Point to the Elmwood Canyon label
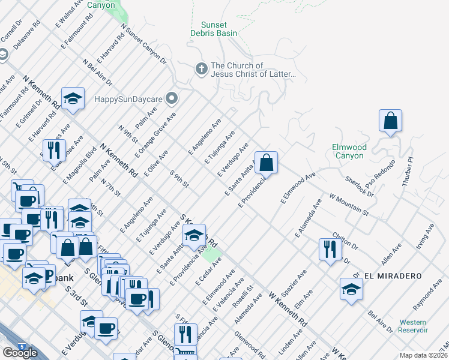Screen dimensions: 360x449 coord(348,151)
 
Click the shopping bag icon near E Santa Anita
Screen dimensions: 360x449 coord(267,161)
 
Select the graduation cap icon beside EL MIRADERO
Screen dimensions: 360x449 coord(351,289)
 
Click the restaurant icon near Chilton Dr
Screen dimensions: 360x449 coord(329,248)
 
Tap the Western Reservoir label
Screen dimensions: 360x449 coord(412,326)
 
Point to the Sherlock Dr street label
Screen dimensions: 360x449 coord(360,186)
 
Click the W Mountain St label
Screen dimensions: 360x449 coord(348,204)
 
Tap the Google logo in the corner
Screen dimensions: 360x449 coord(20,353)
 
